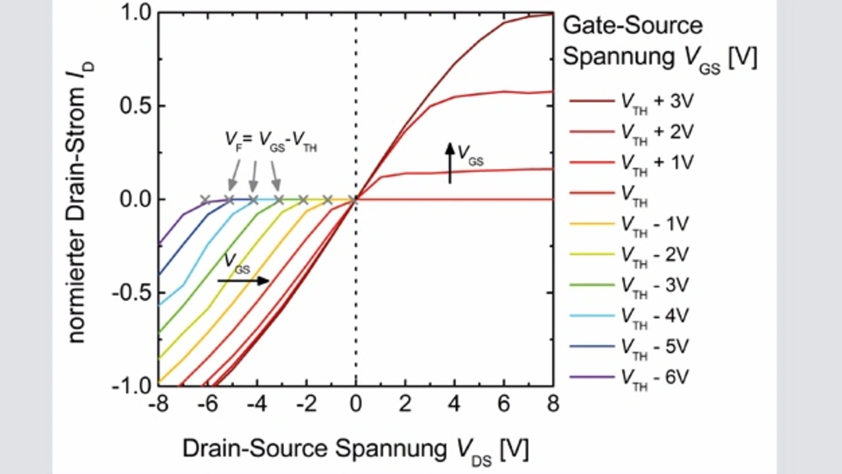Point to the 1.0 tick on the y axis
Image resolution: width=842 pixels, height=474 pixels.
point(136,13)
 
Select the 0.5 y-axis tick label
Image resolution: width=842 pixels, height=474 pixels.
point(136,107)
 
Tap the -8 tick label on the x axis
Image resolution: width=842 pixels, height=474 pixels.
point(158,403)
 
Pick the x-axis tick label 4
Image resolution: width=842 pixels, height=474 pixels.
point(455,403)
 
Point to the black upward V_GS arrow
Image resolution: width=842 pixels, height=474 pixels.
point(450,162)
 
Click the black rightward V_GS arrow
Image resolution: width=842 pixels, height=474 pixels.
point(243,281)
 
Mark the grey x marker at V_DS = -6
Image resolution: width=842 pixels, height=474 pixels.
point(205,199)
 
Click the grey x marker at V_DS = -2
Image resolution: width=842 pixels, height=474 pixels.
point(304,199)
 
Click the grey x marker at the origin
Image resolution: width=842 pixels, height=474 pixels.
point(356,199)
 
